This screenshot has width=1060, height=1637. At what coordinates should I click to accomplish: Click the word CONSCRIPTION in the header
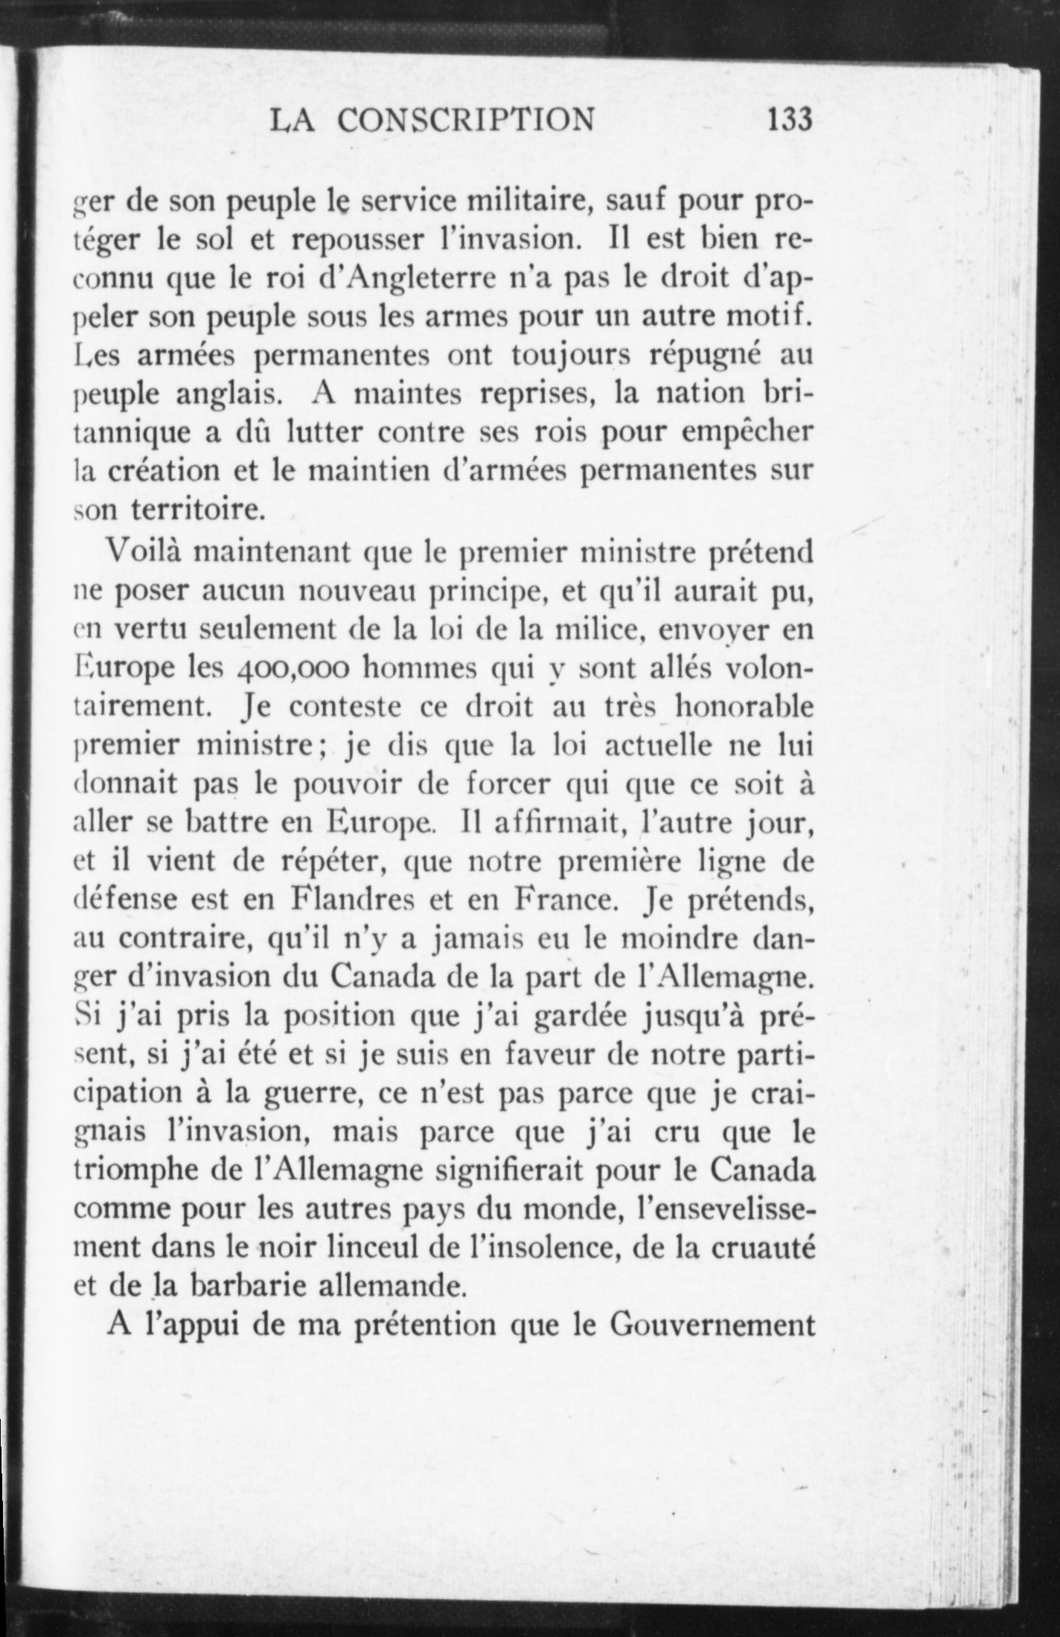point(467,119)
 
